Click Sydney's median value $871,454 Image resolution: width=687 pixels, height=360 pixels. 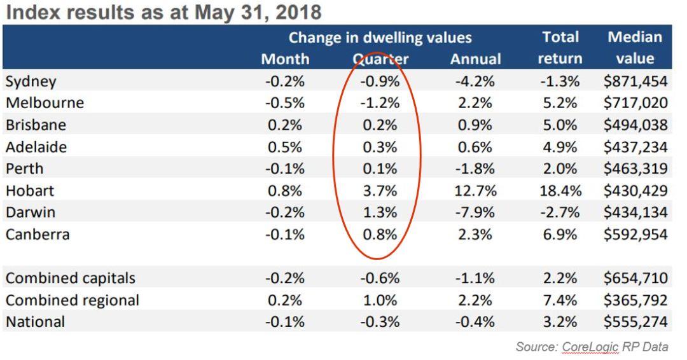click(635, 81)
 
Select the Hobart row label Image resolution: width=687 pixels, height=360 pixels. click(30, 190)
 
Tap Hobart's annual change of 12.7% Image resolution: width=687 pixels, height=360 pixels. click(475, 190)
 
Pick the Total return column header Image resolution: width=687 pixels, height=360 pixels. click(560, 48)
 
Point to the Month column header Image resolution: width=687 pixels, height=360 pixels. click(285, 59)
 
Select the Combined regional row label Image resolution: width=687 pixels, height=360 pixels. click(73, 300)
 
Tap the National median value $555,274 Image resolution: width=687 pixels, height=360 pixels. click(635, 322)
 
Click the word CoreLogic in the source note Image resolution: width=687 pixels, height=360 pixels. click(585, 347)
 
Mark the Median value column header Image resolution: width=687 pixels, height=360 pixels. click(635, 48)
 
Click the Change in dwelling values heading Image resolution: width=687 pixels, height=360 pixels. click(380, 38)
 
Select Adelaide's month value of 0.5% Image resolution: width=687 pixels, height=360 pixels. click(285, 147)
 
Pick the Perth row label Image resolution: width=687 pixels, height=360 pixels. click(25, 169)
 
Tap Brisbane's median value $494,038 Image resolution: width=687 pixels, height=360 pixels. click(635, 125)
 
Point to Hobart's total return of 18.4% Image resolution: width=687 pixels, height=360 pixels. click(560, 190)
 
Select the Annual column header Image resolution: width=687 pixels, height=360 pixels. click(475, 59)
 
